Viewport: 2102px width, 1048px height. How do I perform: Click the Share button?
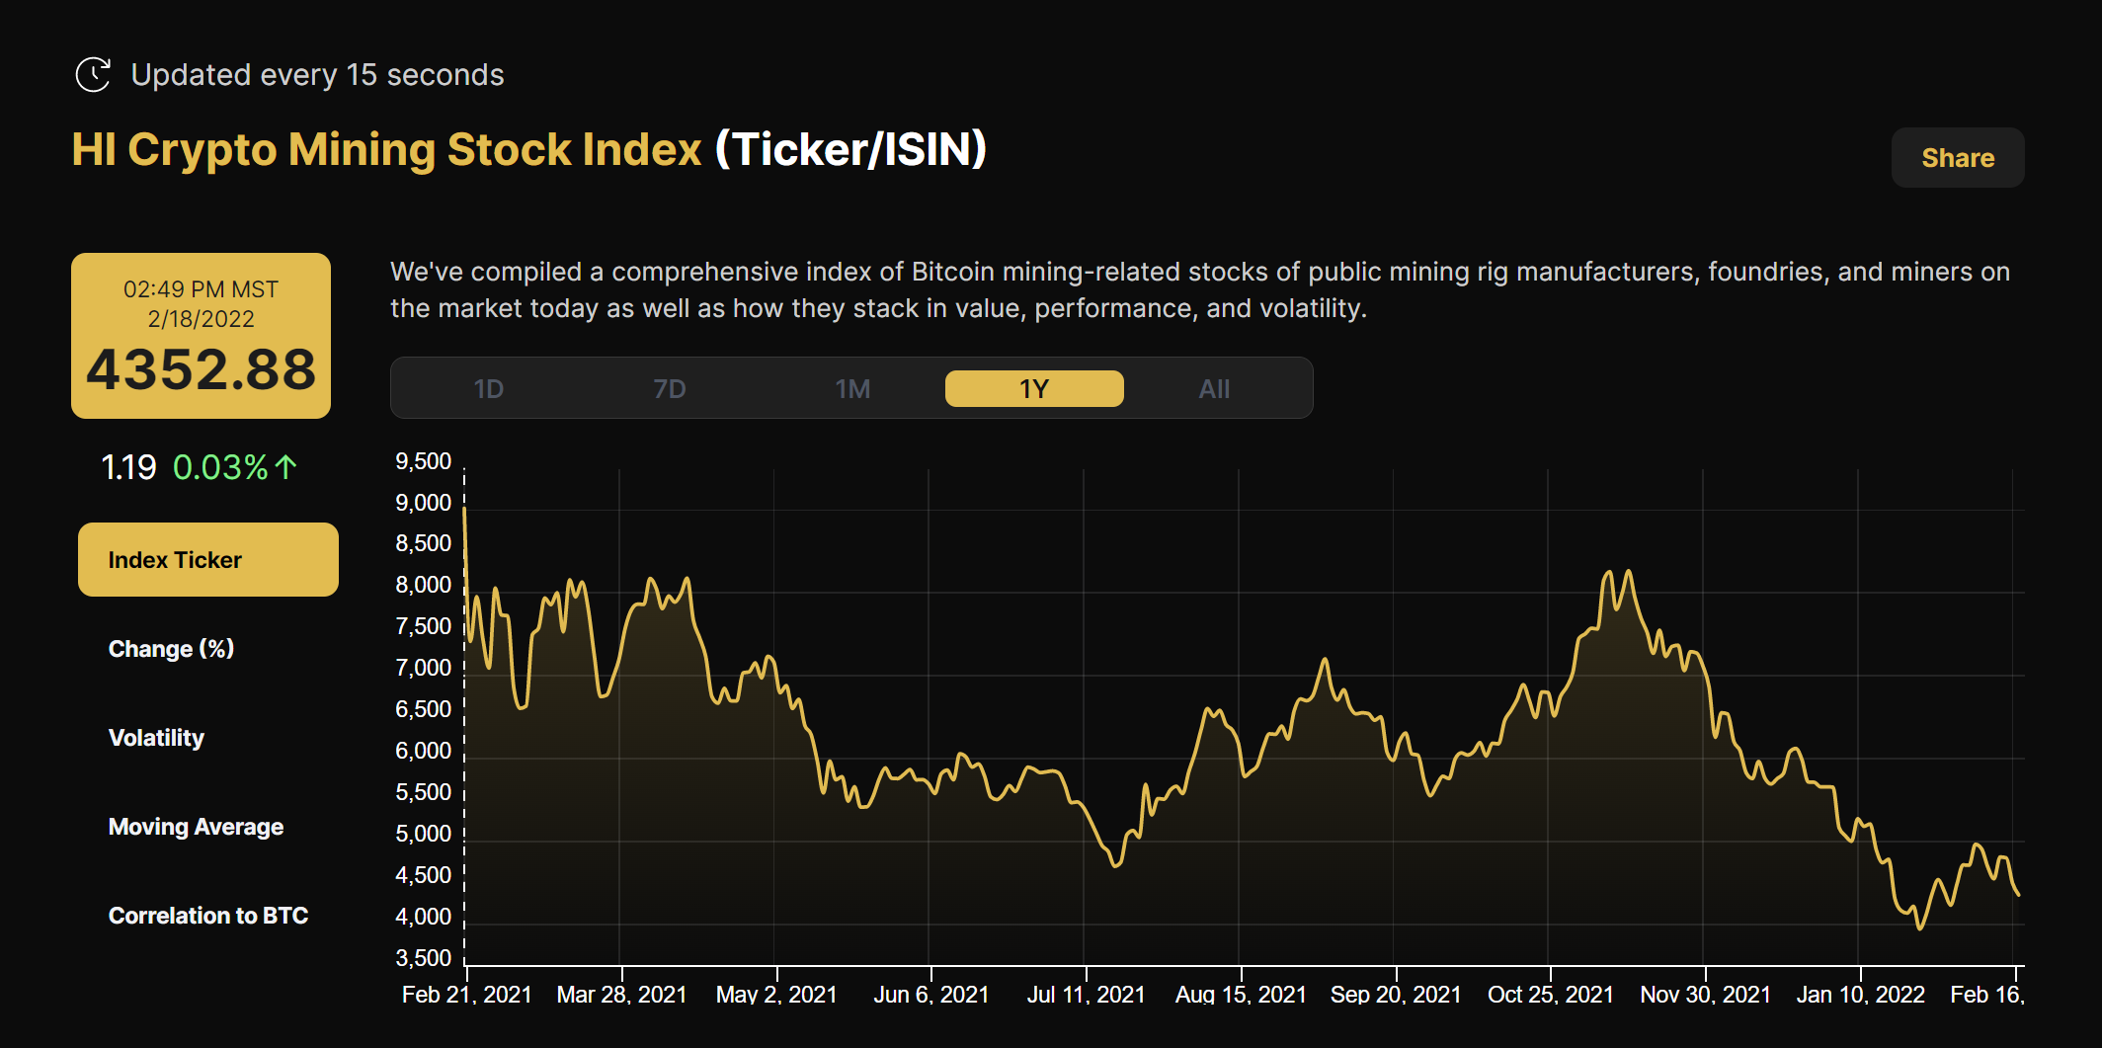(1957, 158)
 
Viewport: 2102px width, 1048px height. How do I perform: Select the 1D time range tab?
(489, 389)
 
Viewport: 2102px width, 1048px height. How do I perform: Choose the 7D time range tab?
(670, 389)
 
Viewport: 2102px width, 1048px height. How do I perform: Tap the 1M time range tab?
(852, 389)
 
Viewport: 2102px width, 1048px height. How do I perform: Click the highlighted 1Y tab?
(1033, 389)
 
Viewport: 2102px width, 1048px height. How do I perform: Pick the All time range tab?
(1214, 389)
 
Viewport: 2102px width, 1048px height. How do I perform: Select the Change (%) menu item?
(171, 649)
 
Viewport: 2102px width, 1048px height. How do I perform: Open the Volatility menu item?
(156, 738)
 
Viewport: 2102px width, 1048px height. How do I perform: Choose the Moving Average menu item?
(196, 827)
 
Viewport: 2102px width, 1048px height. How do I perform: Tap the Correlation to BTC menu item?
(207, 916)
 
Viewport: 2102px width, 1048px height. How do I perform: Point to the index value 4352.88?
(201, 370)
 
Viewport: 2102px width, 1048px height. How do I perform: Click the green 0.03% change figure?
(221, 467)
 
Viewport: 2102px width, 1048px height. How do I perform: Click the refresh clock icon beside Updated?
(93, 75)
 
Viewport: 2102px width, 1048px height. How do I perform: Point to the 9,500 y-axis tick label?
(423, 461)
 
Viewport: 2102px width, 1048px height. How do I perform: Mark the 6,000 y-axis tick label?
(423, 751)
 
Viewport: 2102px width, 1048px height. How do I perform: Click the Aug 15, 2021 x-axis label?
(1240, 995)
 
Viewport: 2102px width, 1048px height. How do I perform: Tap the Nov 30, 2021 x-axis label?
(1705, 995)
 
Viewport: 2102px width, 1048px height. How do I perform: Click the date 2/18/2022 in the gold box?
(201, 319)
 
